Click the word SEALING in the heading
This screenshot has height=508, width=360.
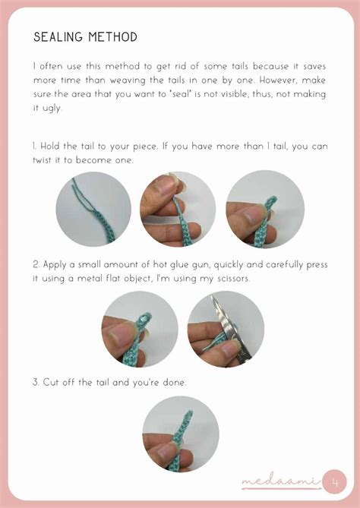[x=58, y=37]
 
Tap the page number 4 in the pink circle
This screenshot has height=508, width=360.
[x=335, y=483]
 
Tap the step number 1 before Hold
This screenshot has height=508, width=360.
[x=34, y=146]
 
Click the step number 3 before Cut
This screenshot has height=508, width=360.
[x=36, y=382]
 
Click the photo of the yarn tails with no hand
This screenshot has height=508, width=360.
[x=93, y=210]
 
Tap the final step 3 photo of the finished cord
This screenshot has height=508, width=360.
[x=181, y=434]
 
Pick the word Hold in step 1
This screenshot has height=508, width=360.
[x=51, y=146]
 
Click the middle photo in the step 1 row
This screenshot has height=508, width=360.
[x=178, y=210]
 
